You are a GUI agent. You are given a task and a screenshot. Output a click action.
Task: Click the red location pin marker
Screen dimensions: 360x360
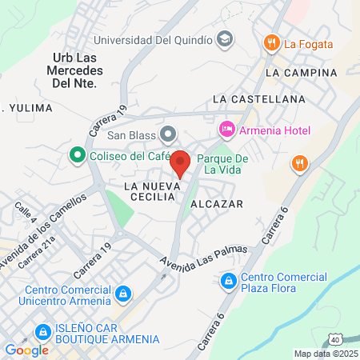tap(180, 162)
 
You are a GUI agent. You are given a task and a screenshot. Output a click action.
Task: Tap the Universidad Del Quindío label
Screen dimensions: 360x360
tap(153, 38)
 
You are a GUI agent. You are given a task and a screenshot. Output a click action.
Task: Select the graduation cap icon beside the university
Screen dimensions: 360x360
tap(226, 38)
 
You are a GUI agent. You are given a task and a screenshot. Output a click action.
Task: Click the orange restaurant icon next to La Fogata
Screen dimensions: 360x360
tap(272, 43)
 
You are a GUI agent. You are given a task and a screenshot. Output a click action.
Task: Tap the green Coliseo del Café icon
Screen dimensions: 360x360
tap(78, 154)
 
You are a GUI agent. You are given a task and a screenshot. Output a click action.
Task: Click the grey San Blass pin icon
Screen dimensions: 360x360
tap(167, 133)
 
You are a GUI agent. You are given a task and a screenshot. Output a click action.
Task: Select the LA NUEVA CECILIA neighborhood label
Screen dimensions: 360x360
tap(149, 191)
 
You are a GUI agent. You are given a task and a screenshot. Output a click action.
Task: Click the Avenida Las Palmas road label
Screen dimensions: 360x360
tap(203, 258)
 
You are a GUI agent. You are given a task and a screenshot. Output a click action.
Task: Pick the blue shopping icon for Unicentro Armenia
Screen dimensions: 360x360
tap(122, 295)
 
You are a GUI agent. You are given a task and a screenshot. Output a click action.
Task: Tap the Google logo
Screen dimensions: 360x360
tap(26, 350)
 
